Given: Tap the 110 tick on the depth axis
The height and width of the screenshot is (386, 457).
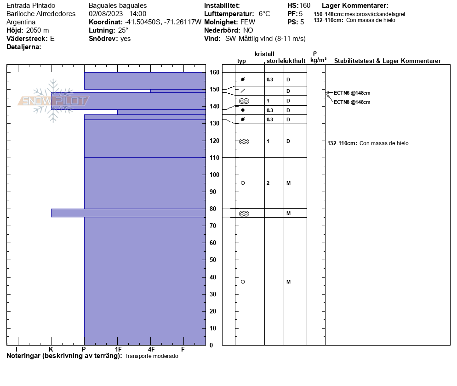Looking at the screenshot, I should tap(214, 158).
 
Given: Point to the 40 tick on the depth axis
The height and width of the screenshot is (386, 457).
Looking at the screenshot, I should tap(214, 277).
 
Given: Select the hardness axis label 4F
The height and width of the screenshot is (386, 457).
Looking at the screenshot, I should tap(151, 349).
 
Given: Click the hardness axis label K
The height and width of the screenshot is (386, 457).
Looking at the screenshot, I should tap(51, 349).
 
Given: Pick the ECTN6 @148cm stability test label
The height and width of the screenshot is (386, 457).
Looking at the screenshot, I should tap(352, 93).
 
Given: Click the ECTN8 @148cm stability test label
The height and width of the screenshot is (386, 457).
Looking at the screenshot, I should tap(352, 102).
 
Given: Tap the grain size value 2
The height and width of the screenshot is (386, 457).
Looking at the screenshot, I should tap(268, 183).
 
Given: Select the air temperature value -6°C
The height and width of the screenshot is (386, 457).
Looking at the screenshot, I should tap(264, 14).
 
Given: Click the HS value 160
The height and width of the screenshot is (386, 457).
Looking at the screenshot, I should tap(305, 6).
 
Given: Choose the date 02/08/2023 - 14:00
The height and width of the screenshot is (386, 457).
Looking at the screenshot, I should tap(117, 14).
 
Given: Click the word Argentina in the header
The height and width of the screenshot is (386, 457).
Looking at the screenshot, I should tap(21, 22).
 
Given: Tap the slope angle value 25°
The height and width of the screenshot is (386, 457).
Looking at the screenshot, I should tap(123, 30).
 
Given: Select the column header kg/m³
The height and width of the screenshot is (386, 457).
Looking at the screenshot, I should tap(318, 60).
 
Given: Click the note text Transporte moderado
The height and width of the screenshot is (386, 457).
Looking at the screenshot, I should tap(151, 356).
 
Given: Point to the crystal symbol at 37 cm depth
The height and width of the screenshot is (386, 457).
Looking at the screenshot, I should tap(243, 282).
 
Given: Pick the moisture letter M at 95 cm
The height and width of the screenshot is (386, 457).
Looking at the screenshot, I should tap(288, 183).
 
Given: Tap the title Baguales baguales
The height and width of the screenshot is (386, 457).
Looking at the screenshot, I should tap(118, 6).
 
